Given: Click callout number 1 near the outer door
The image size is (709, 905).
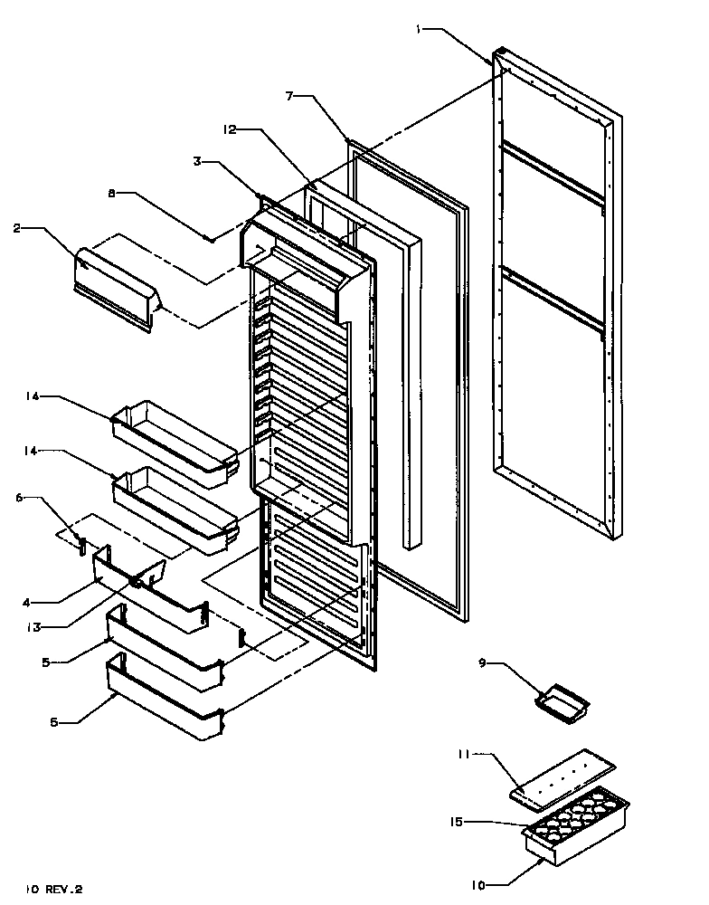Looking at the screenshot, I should [x=419, y=29].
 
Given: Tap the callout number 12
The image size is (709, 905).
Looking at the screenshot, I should [x=230, y=130].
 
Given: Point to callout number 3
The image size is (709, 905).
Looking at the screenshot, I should [x=196, y=162].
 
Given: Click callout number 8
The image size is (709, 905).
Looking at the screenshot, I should [x=112, y=193].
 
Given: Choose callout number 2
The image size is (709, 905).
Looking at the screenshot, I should [x=17, y=229].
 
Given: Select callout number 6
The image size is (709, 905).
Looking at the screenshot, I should [x=20, y=497].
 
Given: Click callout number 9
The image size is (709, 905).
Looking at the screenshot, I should [x=483, y=662].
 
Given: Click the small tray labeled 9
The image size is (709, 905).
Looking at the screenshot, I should [x=561, y=699].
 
